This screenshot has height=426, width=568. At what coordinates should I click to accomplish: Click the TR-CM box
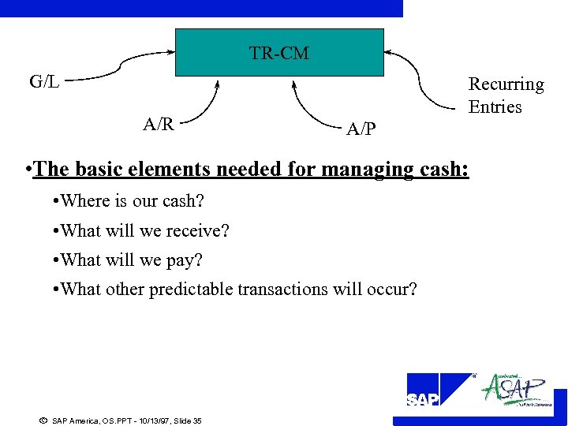click(x=279, y=52)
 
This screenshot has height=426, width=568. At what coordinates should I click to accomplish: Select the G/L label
click(x=44, y=81)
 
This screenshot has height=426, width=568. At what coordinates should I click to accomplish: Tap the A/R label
click(x=159, y=124)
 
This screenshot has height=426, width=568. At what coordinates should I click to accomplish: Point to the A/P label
click(x=361, y=129)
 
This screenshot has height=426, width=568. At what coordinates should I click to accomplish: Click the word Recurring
click(x=506, y=84)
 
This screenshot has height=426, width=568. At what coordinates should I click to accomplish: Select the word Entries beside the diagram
click(x=495, y=106)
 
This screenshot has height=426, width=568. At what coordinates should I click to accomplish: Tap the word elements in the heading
click(x=170, y=169)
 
